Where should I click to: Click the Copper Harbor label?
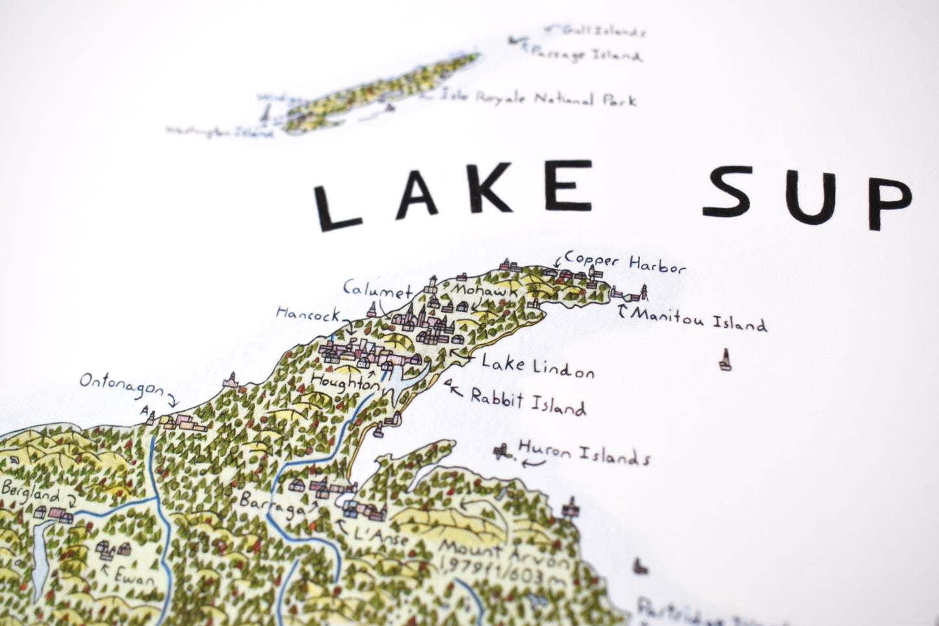(x=625, y=263)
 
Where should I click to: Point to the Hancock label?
(x=308, y=315)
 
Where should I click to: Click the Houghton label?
(x=344, y=382)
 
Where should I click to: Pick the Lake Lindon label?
(x=537, y=366)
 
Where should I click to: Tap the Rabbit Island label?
(x=528, y=402)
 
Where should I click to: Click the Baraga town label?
(x=272, y=504)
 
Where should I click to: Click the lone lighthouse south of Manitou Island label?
(x=725, y=359)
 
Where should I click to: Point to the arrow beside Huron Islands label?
(x=535, y=462)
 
